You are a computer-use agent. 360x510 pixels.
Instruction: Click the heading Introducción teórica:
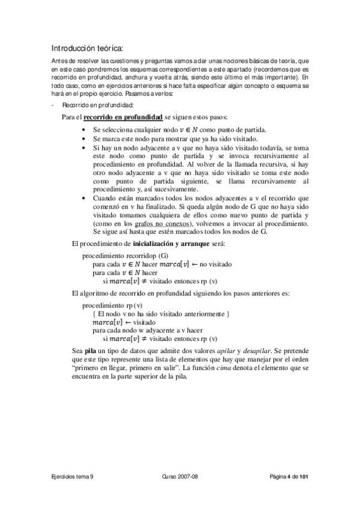87,48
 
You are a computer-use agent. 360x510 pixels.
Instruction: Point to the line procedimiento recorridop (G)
117,256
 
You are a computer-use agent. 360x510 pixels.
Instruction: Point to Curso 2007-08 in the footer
180,476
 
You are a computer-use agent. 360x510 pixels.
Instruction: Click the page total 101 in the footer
305,476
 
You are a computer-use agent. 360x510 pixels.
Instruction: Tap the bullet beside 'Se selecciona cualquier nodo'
82,130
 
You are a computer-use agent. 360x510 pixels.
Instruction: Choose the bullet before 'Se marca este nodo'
82,138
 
